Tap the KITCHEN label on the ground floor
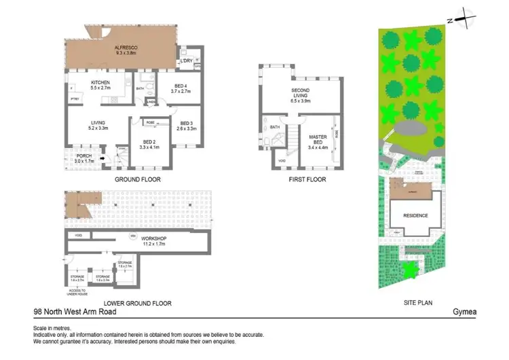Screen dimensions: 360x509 [100, 84]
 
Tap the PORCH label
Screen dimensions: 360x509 [85, 156]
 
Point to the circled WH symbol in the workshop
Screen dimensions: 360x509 [133, 236]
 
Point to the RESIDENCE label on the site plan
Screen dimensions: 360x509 [416, 215]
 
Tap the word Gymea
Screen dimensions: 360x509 [465, 312]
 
